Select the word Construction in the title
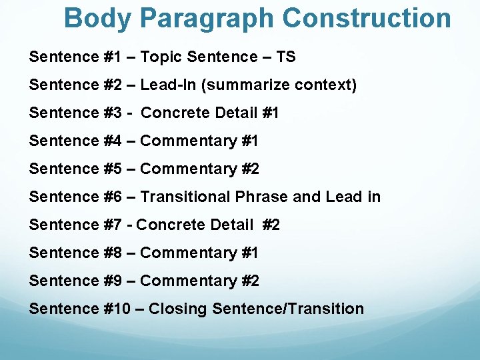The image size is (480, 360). [x=367, y=19]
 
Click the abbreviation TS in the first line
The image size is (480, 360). [x=285, y=57]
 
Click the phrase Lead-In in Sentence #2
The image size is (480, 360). [x=166, y=85]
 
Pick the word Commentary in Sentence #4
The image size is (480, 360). [x=189, y=141]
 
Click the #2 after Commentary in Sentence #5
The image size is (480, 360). [x=250, y=169]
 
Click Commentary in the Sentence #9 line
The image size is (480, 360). [x=189, y=281]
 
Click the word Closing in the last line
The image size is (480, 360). [x=177, y=309]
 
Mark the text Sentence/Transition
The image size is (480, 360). [x=288, y=309]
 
